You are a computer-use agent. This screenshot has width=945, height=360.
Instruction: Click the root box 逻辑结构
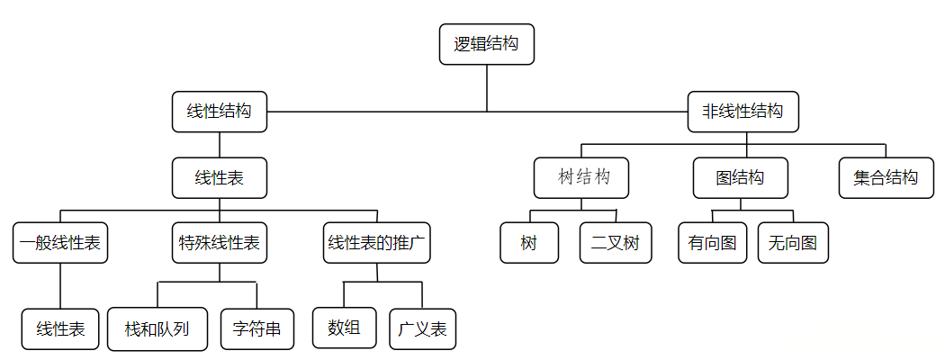[487, 44]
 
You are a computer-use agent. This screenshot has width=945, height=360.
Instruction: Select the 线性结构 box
[220, 112]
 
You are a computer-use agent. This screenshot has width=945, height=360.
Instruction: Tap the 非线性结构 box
[742, 112]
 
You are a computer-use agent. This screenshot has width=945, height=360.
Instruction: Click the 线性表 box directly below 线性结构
[220, 178]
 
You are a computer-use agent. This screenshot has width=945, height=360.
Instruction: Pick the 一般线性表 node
[61, 243]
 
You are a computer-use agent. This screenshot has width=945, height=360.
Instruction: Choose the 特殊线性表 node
[220, 243]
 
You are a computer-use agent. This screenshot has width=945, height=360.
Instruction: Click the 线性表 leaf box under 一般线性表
[60, 329]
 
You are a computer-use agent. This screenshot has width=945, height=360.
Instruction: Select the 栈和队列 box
[157, 329]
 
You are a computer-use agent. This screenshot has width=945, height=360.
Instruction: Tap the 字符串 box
[256, 329]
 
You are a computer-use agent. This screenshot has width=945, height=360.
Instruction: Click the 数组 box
[345, 328]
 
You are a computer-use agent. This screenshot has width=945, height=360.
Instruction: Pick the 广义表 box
[422, 329]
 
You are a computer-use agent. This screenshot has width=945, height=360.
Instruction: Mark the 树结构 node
[580, 177]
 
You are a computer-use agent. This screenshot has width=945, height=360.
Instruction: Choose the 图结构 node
[740, 177]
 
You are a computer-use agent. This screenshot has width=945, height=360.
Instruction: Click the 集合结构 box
[886, 177]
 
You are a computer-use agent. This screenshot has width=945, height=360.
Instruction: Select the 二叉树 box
[615, 243]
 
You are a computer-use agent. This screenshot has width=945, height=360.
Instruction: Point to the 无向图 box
[792, 243]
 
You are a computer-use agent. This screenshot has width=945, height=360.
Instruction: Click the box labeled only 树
[529, 243]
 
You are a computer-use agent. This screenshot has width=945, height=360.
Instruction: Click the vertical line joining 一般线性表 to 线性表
[60, 286]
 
